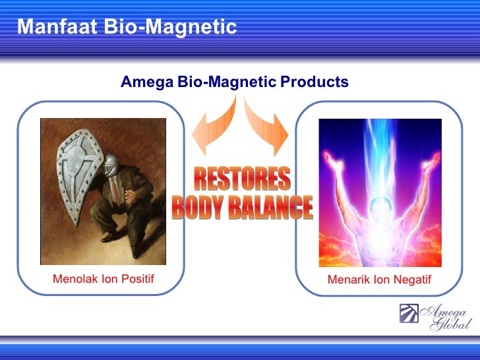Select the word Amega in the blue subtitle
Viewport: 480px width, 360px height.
(x=147, y=82)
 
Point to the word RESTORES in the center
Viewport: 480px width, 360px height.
(x=242, y=179)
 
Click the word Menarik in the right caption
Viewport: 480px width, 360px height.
(x=349, y=280)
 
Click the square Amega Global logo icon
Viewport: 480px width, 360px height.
(x=409, y=315)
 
